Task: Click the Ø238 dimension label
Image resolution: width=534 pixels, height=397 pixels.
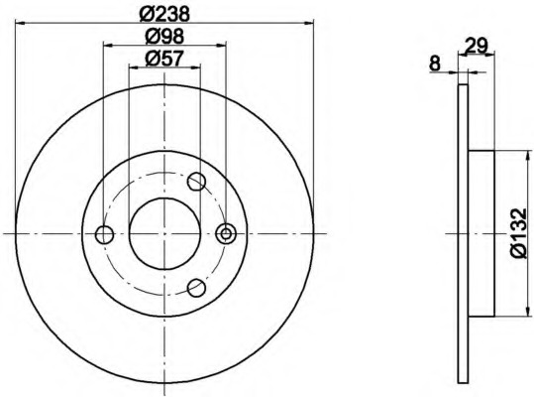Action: (x=164, y=14)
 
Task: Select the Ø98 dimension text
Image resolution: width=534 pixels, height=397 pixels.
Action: (x=164, y=36)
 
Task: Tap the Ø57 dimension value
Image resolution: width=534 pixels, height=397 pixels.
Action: (x=164, y=59)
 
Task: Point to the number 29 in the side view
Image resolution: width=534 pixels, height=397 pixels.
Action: (x=477, y=46)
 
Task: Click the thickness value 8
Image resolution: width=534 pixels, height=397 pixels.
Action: (x=435, y=64)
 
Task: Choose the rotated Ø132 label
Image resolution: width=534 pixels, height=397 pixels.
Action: (x=518, y=233)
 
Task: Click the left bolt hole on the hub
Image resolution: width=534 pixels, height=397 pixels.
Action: (x=104, y=234)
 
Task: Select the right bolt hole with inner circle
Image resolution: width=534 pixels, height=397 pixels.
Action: (x=226, y=233)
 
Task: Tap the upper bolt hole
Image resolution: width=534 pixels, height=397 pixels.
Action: (x=196, y=182)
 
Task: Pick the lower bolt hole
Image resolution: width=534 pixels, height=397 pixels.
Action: (x=196, y=288)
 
